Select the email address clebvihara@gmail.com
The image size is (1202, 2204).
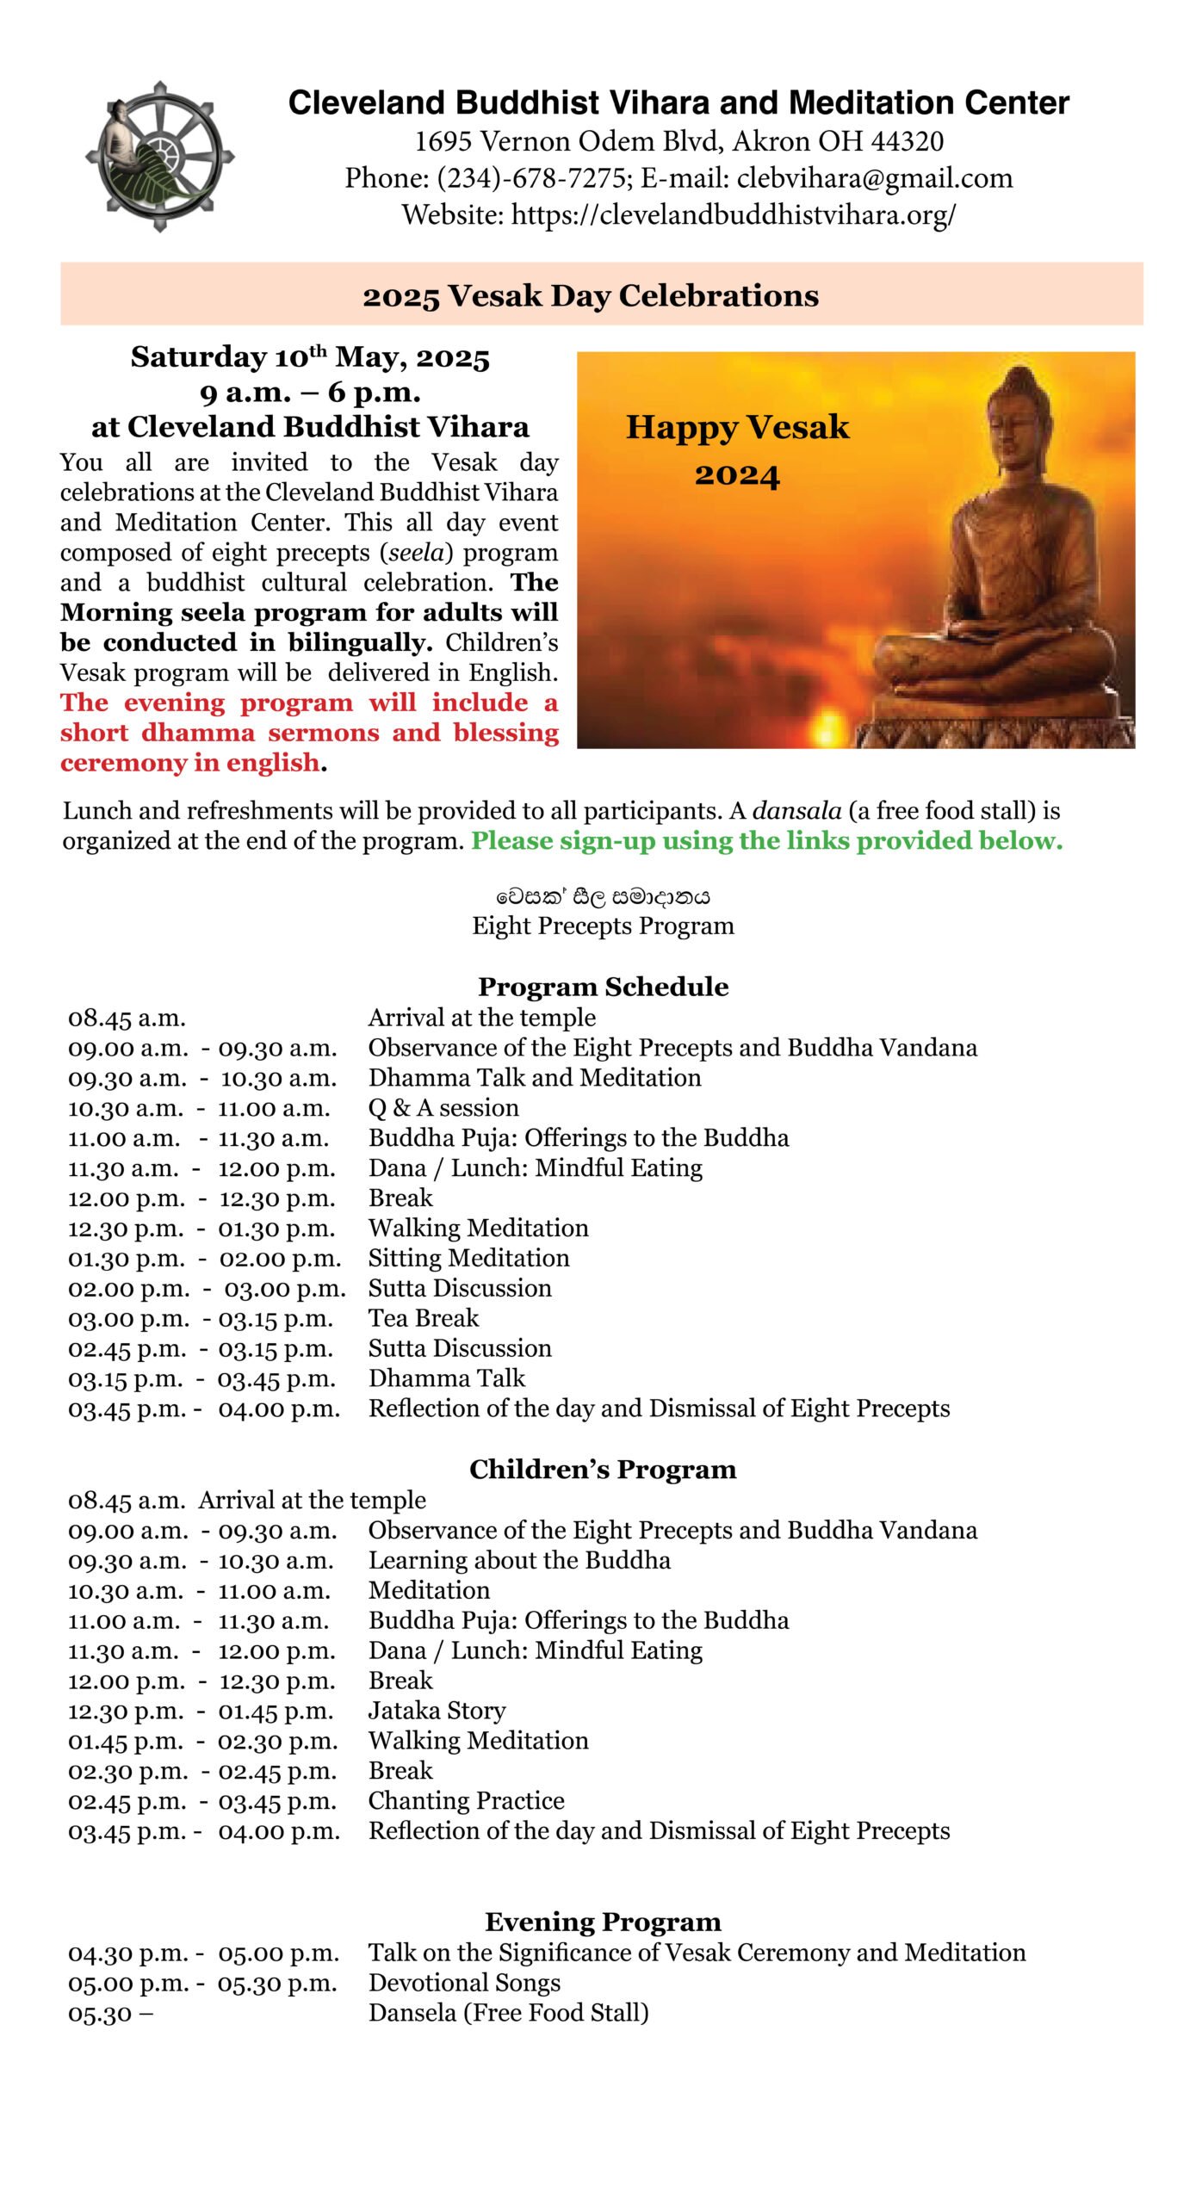pyautogui.click(x=874, y=178)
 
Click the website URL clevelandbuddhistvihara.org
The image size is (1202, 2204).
pyautogui.click(x=733, y=214)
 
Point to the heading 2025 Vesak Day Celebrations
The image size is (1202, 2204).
pyautogui.click(x=591, y=295)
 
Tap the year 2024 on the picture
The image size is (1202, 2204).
pyautogui.click(x=737, y=475)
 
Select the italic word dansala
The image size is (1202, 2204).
pyautogui.click(x=796, y=810)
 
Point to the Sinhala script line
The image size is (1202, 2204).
pyautogui.click(x=603, y=896)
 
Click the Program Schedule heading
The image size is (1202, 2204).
pyautogui.click(x=603, y=987)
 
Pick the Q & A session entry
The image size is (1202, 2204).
pyautogui.click(x=443, y=1108)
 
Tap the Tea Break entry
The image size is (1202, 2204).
pyautogui.click(x=424, y=1318)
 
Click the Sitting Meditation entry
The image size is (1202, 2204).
pyautogui.click(x=468, y=1258)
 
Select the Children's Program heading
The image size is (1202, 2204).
pyautogui.click(x=603, y=1469)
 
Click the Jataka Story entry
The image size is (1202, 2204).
pyautogui.click(x=437, y=1710)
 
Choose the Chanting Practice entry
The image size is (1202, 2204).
pyautogui.click(x=466, y=1800)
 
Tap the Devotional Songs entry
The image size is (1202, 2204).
pyautogui.click(x=464, y=1982)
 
